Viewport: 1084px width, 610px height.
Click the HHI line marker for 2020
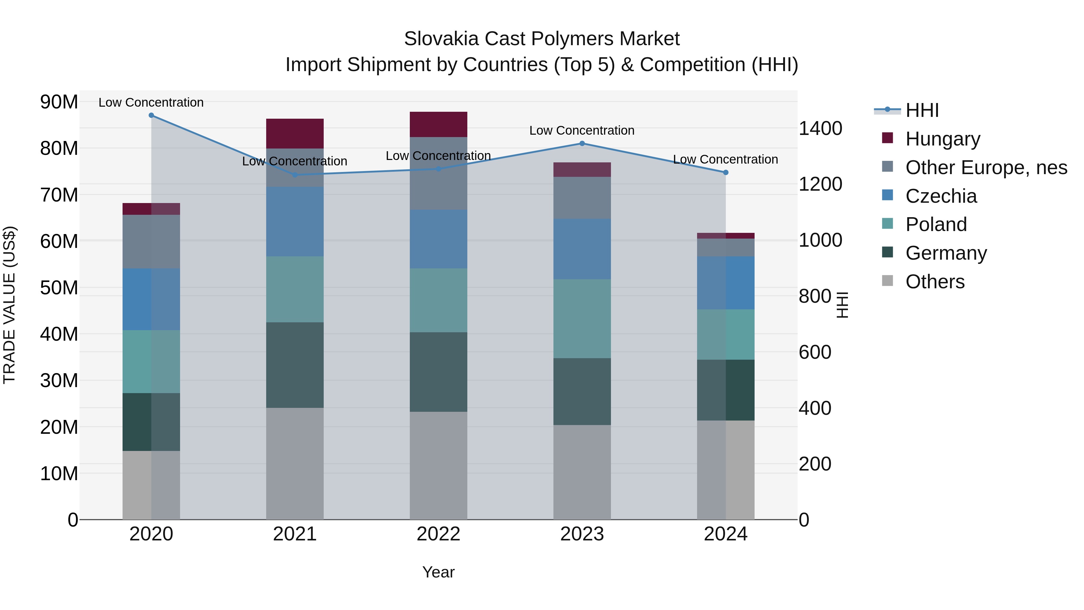pos(151,115)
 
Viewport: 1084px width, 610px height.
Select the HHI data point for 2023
pos(582,144)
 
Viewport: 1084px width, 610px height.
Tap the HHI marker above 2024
pos(725,173)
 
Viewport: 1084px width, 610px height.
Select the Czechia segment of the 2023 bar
pos(582,249)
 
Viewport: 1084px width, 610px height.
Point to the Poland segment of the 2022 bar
pos(438,300)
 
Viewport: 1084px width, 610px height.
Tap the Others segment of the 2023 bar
pos(582,472)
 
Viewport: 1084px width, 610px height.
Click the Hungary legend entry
pos(942,139)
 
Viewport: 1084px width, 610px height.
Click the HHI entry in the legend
pos(922,110)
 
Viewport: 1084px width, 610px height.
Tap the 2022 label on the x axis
pos(438,534)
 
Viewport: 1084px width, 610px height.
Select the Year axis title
pos(438,572)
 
